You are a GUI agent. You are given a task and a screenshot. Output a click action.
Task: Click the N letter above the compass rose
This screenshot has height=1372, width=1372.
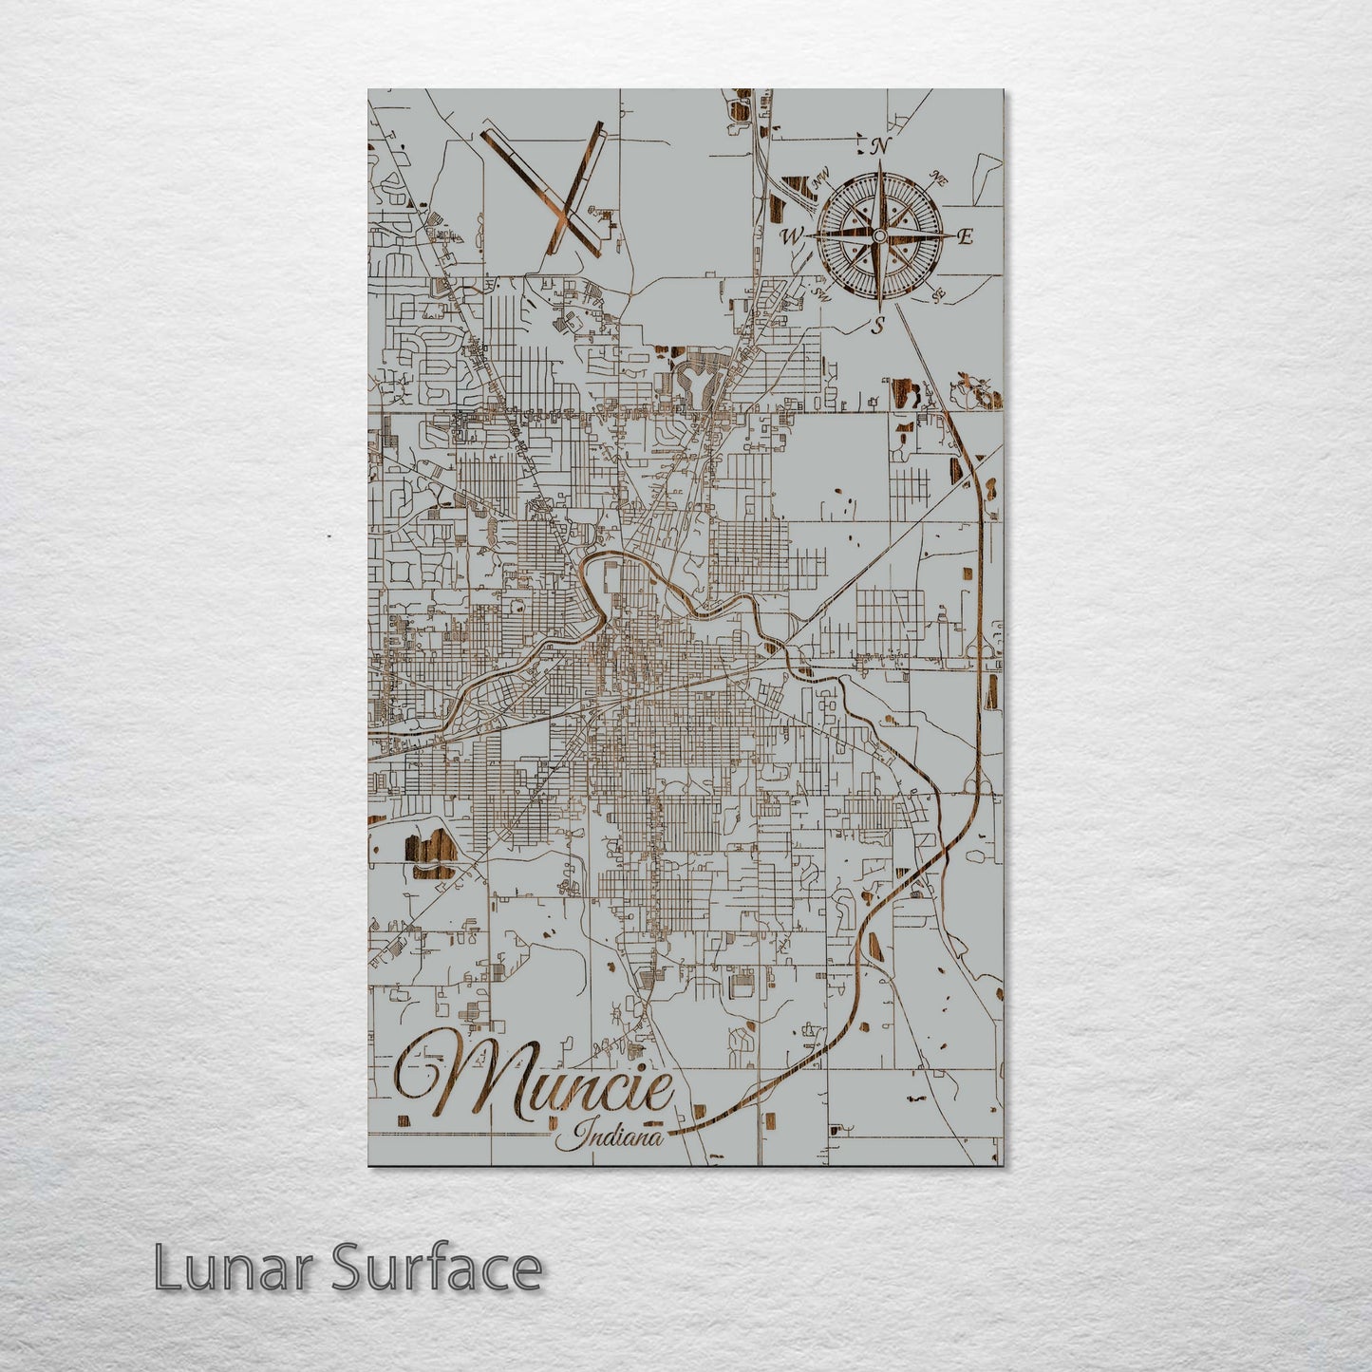coord(880,146)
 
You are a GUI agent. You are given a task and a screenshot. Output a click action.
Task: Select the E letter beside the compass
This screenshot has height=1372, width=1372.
coord(965,237)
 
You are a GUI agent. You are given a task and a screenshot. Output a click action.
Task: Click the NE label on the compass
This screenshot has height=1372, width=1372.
coord(940,178)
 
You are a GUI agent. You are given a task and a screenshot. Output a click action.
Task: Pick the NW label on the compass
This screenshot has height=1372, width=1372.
coord(820,175)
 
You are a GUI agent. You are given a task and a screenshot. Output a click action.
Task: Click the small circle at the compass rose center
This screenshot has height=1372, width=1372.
coord(880,235)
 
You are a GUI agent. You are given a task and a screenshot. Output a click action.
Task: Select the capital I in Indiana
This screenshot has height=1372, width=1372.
coord(581,1133)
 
